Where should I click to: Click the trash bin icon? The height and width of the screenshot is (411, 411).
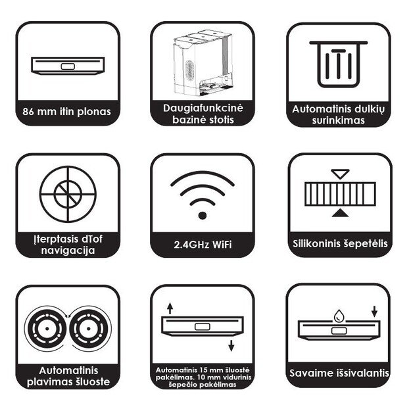click(x=339, y=64)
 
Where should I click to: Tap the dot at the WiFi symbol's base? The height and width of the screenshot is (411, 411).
click(x=203, y=216)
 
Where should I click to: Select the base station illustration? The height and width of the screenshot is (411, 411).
click(x=203, y=63)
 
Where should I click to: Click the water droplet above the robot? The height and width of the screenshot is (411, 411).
click(x=339, y=316)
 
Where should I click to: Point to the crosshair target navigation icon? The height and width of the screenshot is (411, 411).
click(x=68, y=194)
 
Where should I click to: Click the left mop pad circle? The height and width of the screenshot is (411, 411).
click(x=47, y=328)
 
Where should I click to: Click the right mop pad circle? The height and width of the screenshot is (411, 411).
click(x=89, y=328)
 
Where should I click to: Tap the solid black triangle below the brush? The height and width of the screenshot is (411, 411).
click(x=340, y=213)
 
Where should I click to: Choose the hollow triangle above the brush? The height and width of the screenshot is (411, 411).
click(x=340, y=174)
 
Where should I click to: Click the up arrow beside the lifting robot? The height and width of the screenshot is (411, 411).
click(x=170, y=308)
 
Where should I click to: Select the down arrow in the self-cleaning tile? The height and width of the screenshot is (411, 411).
click(x=375, y=312)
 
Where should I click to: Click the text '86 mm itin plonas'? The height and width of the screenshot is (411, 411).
click(x=67, y=112)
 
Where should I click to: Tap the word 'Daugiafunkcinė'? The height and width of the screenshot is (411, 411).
click(x=203, y=108)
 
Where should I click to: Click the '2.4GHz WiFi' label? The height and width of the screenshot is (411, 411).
click(x=203, y=245)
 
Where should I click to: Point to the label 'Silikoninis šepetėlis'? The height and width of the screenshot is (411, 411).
click(x=340, y=243)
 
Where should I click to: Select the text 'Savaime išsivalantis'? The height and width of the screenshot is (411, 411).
click(x=339, y=373)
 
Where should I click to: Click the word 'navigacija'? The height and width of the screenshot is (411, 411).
click(x=68, y=251)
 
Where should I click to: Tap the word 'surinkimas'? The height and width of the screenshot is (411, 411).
click(x=339, y=120)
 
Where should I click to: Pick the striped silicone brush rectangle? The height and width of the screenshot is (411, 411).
click(x=340, y=194)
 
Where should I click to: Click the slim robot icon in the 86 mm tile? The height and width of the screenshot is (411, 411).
click(x=68, y=66)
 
